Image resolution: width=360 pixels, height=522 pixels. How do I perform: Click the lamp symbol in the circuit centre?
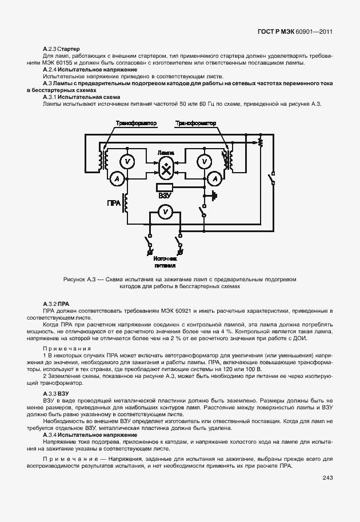click(x=166, y=168)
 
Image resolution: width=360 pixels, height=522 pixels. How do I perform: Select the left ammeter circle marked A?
click(x=117, y=179)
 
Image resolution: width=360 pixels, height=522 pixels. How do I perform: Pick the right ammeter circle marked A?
click(x=215, y=179)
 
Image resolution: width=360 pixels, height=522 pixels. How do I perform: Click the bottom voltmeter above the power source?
click(x=165, y=212)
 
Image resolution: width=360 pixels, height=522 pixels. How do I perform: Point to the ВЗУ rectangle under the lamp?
click(x=165, y=188)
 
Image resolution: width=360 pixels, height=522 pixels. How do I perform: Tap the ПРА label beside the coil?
click(x=113, y=203)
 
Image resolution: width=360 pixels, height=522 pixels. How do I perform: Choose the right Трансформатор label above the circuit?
click(x=195, y=123)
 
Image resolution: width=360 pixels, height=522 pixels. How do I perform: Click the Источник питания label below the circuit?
click(x=164, y=262)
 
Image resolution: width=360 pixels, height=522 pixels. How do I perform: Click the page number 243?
click(x=327, y=478)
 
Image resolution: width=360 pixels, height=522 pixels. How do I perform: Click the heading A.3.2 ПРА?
click(x=56, y=303)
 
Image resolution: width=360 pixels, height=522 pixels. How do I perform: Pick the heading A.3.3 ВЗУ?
click(x=56, y=394)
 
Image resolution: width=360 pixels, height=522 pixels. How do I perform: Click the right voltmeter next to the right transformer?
click(x=202, y=162)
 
